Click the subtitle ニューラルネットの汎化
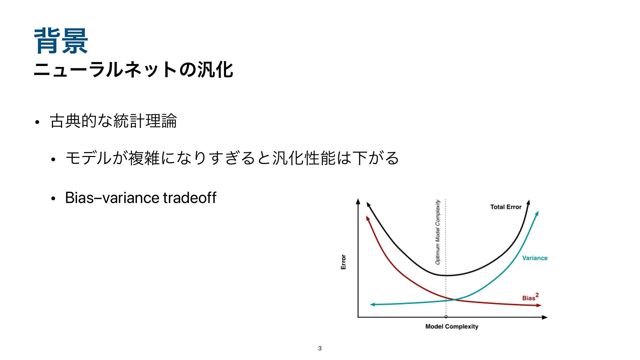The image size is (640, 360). (133, 70)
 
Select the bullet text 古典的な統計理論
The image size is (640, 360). (113, 121)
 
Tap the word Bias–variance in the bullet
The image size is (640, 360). (112, 197)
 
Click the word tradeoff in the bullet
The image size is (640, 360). (190, 197)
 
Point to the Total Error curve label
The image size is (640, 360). (506, 207)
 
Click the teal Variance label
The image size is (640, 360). (535, 258)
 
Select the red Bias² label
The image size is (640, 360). (530, 297)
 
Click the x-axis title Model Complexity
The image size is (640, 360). (452, 327)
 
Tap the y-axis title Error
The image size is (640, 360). (343, 262)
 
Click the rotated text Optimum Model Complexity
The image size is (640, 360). (438, 232)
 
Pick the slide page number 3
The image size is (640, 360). (320, 348)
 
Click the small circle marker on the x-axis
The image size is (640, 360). (446, 317)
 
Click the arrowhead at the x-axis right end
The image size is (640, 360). (545, 317)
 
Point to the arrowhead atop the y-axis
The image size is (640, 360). (358, 201)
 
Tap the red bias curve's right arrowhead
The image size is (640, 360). (539, 305)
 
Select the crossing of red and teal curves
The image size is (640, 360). (454, 300)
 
